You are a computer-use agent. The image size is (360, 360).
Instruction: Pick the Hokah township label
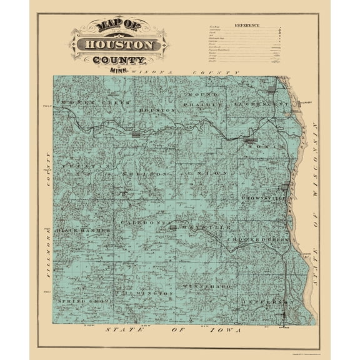[x=265, y=146]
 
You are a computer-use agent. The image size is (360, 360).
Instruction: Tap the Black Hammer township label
[x=84, y=231]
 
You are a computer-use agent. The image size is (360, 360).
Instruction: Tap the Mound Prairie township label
[x=206, y=99]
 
